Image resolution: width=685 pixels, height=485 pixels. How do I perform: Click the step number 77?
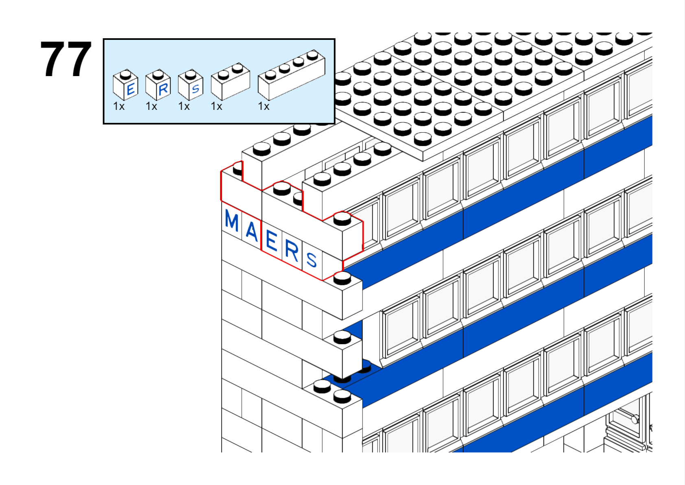pyautogui.click(x=66, y=59)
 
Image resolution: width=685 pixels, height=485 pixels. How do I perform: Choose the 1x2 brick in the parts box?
pyautogui.click(x=231, y=81)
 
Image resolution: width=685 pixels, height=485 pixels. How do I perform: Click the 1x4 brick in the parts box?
pyautogui.click(x=291, y=75)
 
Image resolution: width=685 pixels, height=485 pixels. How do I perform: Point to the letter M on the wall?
pyautogui.click(x=231, y=220)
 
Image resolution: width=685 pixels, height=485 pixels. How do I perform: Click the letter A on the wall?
pyautogui.click(x=251, y=231)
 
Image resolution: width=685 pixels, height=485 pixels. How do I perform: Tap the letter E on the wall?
pyautogui.click(x=272, y=240)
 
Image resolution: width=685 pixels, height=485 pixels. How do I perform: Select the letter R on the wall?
pyautogui.click(x=292, y=251)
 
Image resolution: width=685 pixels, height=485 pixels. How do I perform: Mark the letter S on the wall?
pyautogui.click(x=312, y=260)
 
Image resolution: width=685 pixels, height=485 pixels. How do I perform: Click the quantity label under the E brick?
pyautogui.click(x=119, y=107)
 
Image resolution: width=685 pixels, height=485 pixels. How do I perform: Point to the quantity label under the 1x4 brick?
pyautogui.click(x=264, y=107)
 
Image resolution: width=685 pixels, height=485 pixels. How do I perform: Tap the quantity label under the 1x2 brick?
pyautogui.click(x=216, y=107)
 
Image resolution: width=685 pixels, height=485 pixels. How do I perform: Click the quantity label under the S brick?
pyautogui.click(x=184, y=107)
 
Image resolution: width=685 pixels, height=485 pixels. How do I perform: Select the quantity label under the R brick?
pyautogui.click(x=151, y=107)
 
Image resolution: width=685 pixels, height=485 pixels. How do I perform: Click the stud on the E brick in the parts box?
pyautogui.click(x=125, y=74)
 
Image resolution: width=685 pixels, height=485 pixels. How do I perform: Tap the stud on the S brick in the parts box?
pyautogui.click(x=190, y=74)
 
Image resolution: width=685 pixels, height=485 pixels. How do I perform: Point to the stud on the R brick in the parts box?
pyautogui.click(x=158, y=74)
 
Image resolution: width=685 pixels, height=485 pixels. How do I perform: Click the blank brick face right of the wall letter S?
pyautogui.click(x=332, y=265)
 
